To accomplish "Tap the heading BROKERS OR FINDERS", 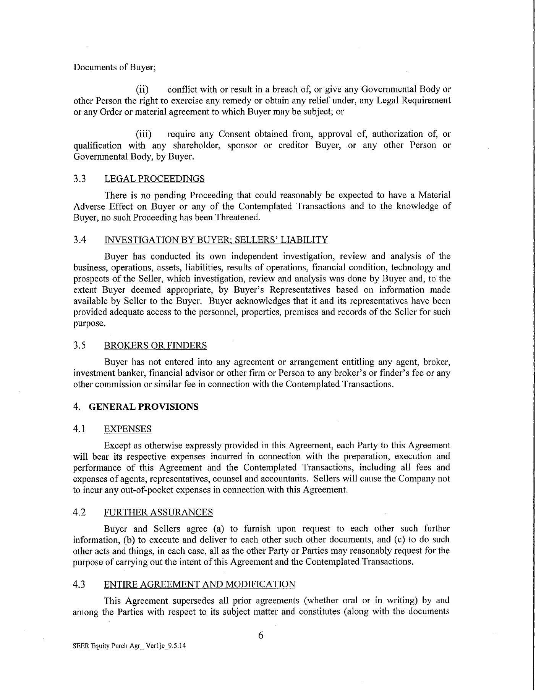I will click(x=155, y=346).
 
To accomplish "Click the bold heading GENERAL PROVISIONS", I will click(x=143, y=407).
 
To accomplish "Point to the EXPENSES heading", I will click(x=128, y=429).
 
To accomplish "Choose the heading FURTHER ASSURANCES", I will click(x=158, y=512).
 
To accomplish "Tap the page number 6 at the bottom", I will click(x=261, y=635).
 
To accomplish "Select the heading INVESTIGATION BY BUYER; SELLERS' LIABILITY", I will click(x=216, y=240).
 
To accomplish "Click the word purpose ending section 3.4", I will click(x=89, y=323).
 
